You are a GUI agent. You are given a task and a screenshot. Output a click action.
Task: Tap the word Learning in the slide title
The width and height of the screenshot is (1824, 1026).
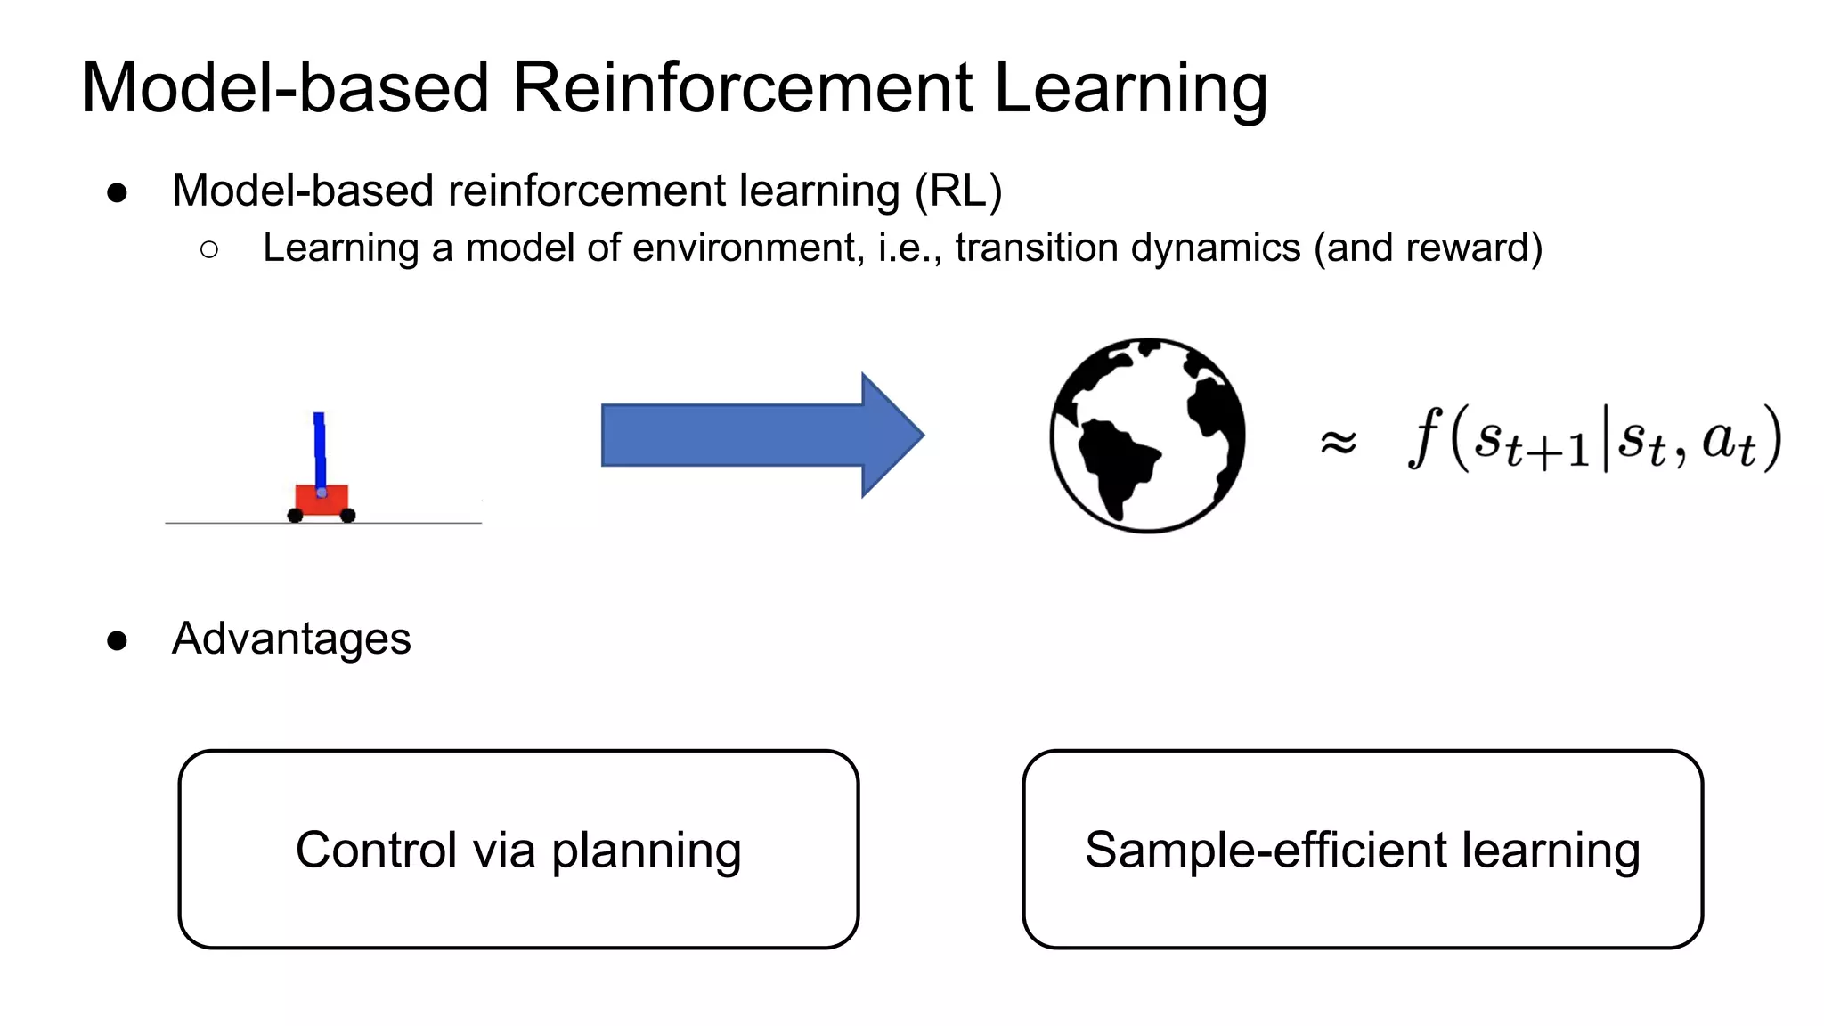pos(1129,89)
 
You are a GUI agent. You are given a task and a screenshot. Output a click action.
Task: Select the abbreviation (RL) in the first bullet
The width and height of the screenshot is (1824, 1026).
pos(958,191)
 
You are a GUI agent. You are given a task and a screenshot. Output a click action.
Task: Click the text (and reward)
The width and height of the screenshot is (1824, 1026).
pos(1429,248)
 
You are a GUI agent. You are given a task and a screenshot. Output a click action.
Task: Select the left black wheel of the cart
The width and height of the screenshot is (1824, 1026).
pos(295,516)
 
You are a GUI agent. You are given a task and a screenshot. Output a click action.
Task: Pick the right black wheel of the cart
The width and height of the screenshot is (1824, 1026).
pos(348,516)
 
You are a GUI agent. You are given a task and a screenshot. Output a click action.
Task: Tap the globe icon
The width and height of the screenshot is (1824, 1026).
pos(1147,436)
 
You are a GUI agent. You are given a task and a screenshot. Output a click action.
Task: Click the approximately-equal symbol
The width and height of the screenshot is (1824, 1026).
pos(1338,441)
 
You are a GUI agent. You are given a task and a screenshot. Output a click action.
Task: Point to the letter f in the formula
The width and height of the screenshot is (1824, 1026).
pos(1424,436)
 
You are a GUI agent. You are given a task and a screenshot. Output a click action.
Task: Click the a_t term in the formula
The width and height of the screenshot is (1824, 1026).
pos(1728,442)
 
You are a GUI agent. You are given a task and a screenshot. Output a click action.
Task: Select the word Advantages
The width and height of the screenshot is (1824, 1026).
pos(291,639)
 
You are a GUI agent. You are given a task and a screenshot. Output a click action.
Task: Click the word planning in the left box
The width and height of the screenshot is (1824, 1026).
pos(646,851)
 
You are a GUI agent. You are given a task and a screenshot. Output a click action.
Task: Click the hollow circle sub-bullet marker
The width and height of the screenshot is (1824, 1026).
pos(209,249)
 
